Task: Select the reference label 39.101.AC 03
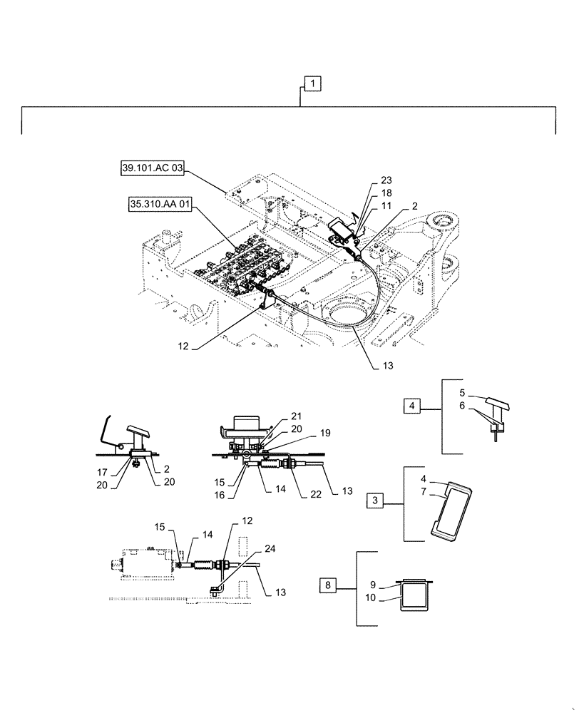pyautogui.click(x=153, y=168)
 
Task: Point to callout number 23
pyautogui.click(x=386, y=180)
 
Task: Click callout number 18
pyautogui.click(x=386, y=193)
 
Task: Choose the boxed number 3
pyautogui.click(x=376, y=500)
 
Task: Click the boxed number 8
pyautogui.click(x=327, y=586)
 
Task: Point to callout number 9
pyautogui.click(x=381, y=586)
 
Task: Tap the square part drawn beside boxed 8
pyautogui.click(x=414, y=595)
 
